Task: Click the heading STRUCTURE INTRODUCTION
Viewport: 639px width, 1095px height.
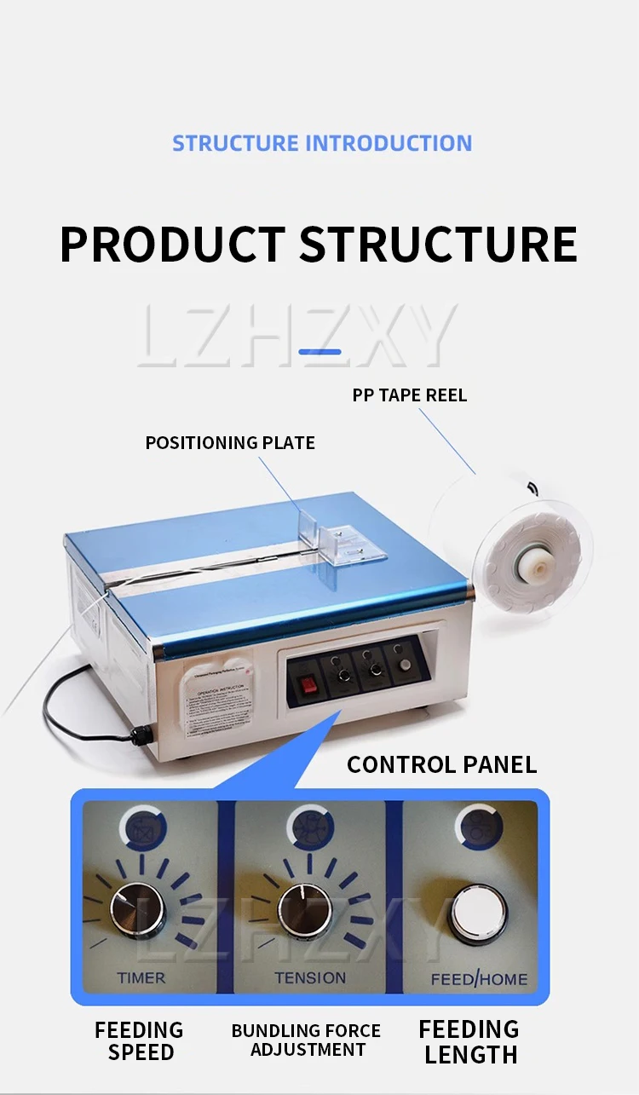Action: pos(322,143)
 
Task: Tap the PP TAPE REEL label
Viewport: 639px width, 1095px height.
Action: pos(410,395)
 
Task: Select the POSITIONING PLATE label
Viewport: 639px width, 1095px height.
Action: pos(230,442)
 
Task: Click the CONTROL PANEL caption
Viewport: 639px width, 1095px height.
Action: pos(441,764)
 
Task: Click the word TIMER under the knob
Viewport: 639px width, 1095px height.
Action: pos(141,977)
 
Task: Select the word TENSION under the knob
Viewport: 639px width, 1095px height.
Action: pos(310,977)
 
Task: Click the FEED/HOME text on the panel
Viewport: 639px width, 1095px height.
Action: pos(479,979)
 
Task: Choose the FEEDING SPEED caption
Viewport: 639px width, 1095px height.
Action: pos(140,1041)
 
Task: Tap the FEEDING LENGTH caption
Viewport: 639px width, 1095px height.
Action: pos(470,1041)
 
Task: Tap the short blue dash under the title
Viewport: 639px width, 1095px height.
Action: pos(320,351)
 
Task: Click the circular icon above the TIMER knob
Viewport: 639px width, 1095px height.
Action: pos(142,827)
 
